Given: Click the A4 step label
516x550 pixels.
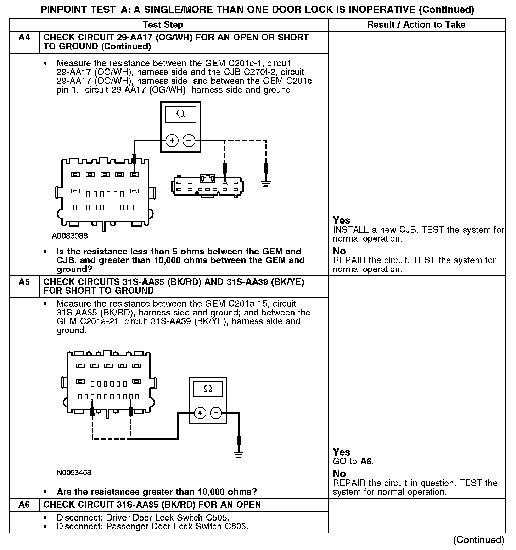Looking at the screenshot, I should (24, 38).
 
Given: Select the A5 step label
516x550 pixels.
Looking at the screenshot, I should (24, 282).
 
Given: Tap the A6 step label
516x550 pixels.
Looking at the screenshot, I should (24, 505).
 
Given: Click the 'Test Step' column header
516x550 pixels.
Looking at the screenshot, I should (163, 25).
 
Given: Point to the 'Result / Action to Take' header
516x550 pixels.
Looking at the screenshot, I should (416, 25).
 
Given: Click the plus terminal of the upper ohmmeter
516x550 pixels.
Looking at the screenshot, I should (172, 141).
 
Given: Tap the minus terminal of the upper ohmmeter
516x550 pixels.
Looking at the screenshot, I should (189, 141).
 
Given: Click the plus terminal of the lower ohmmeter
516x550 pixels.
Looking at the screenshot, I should (200, 413).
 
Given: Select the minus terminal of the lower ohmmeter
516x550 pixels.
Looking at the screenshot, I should (216, 413).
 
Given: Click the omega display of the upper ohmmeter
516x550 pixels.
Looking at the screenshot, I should (180, 114).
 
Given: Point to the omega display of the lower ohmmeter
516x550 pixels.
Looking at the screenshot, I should (208, 389).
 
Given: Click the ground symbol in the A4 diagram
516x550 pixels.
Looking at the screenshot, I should (266, 183).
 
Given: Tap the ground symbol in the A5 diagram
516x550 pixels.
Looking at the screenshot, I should (239, 455).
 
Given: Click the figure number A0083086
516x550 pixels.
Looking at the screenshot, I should (70, 236).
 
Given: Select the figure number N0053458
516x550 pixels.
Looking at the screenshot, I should (74, 473).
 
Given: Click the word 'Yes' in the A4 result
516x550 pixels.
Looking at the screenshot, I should (342, 220).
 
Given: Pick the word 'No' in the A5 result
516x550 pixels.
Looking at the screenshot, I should (339, 474).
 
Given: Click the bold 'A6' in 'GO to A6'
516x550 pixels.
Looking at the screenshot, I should (366, 461).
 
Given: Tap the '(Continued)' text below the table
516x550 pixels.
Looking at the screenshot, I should (478, 540).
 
